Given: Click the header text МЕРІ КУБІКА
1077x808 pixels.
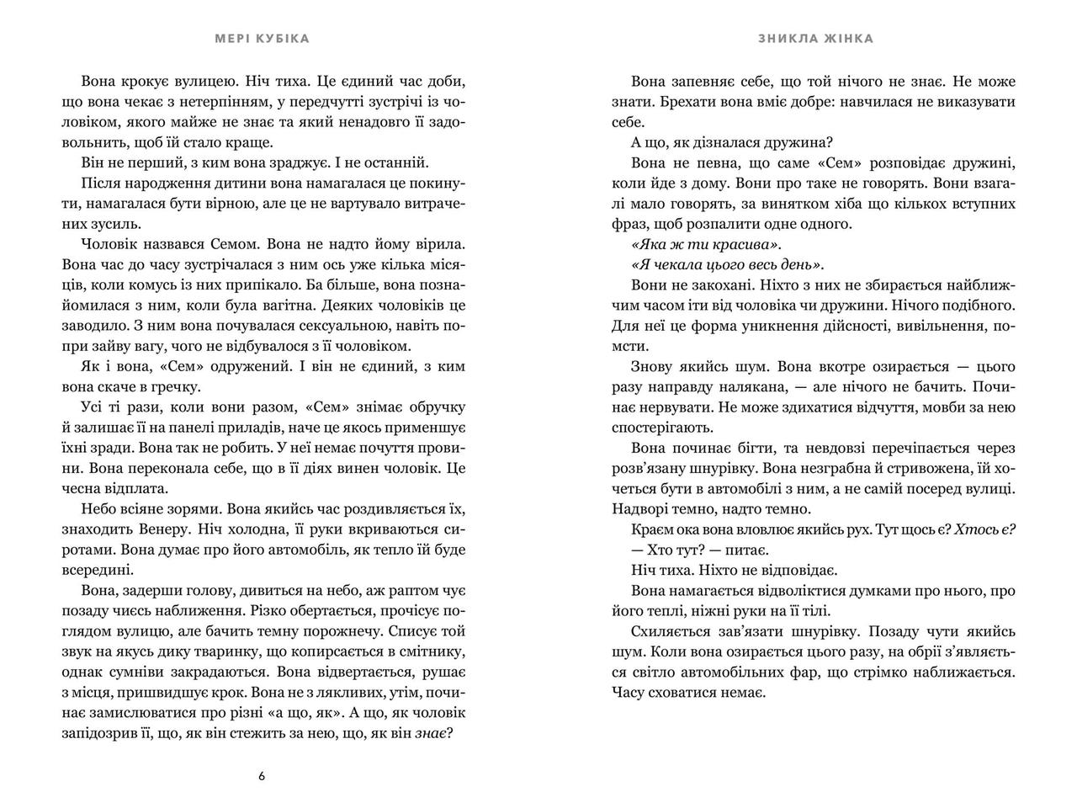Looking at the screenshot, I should (x=261, y=39).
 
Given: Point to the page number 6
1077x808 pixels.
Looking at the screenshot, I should (x=262, y=776).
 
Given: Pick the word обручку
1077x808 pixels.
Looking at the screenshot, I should (x=438, y=407).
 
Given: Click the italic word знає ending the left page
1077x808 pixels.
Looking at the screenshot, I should (x=434, y=732).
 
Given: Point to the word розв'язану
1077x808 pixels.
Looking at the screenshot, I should (x=667, y=468).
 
